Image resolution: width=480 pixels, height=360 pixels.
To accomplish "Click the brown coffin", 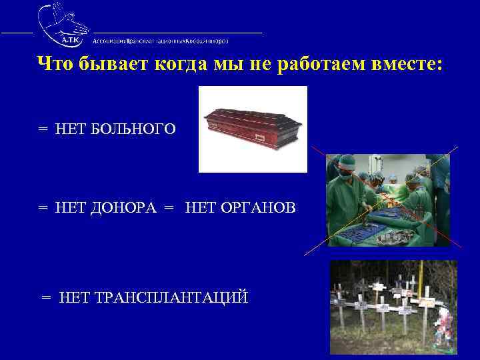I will tap(253, 128).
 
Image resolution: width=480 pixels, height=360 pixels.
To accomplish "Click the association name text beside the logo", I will tap(161, 40).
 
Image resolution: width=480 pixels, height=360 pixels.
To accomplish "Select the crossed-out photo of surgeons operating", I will tap(387, 200).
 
